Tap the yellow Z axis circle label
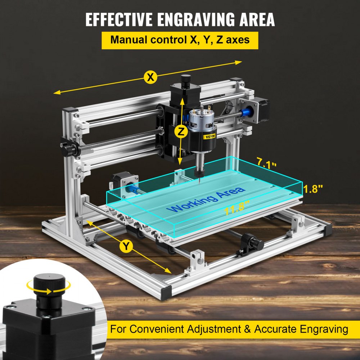point(181,132)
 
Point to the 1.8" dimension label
point(313,189)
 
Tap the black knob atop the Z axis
point(186,80)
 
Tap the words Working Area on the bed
point(208,199)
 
